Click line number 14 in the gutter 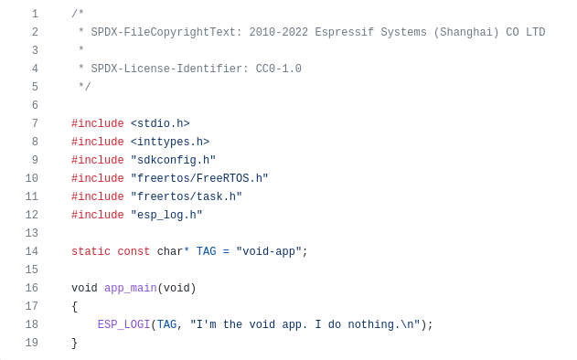click(x=32, y=251)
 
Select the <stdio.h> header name click(x=160, y=123)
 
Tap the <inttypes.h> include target click(x=170, y=142)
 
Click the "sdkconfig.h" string click(x=173, y=160)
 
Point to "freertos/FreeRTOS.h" click(x=199, y=178)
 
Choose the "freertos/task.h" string click(x=187, y=196)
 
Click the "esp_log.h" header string click(x=166, y=215)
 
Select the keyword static click(x=91, y=251)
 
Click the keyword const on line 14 click(x=134, y=251)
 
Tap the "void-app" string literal click(x=269, y=251)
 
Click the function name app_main click(x=131, y=288)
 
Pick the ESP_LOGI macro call click(x=123, y=324)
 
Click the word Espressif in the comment click(x=345, y=32)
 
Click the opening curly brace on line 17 click(x=75, y=306)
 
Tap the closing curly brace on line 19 click(x=75, y=343)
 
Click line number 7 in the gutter click(x=35, y=123)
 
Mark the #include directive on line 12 click(x=97, y=215)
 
